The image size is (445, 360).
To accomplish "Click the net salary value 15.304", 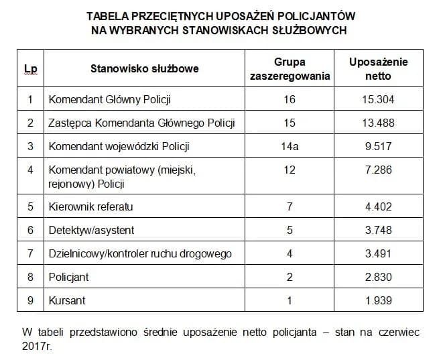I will tap(378, 100).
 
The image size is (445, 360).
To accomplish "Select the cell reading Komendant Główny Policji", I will tap(110, 100).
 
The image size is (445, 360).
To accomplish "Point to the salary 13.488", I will tap(378, 123).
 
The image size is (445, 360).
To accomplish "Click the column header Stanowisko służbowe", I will tap(145, 68).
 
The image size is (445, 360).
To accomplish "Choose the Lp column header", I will tap(30, 68).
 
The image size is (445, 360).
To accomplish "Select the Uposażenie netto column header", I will tap(378, 68).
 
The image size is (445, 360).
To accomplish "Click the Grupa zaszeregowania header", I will tap(290, 68).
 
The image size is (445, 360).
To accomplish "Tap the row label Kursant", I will tap(67, 300).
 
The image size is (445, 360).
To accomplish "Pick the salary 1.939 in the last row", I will tap(378, 300).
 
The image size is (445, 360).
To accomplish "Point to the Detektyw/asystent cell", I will tap(91, 230).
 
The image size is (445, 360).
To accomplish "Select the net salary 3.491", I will tap(378, 253).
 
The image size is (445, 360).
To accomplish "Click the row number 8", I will tap(30, 277).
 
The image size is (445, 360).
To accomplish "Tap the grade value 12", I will tap(290, 170).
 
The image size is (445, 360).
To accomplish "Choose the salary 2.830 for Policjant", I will tap(378, 277).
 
